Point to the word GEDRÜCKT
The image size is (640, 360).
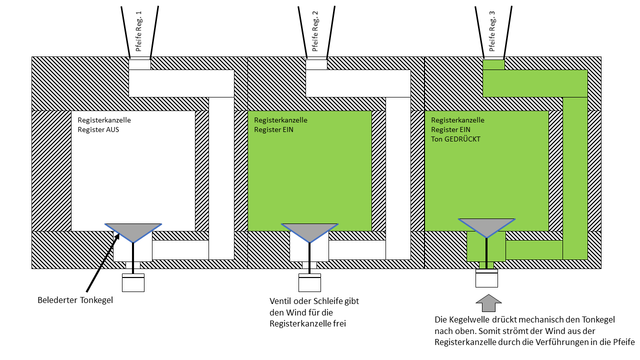pyautogui.click(x=463, y=139)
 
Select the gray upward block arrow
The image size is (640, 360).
pyautogui.click(x=487, y=303)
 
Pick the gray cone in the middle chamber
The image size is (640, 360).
pyautogui.click(x=309, y=231)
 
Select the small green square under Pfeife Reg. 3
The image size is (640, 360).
pyautogui.click(x=493, y=64)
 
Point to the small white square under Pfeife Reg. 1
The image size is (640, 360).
pyautogui.click(x=139, y=64)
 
